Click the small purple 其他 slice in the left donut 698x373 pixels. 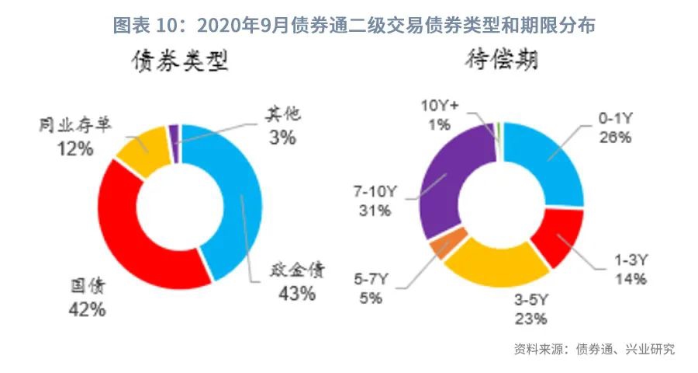[x=174, y=133]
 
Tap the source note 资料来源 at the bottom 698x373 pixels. [x=594, y=349]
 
